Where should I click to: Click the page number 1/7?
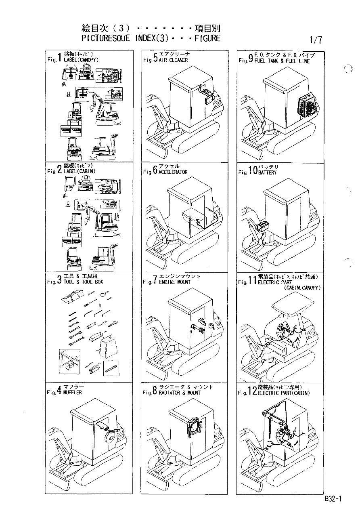pos(316,40)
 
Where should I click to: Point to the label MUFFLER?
pos(73,393)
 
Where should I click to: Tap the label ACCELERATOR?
pos(173,172)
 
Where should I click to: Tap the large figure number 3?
pos(59,280)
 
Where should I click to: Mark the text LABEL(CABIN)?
pos(80,171)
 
